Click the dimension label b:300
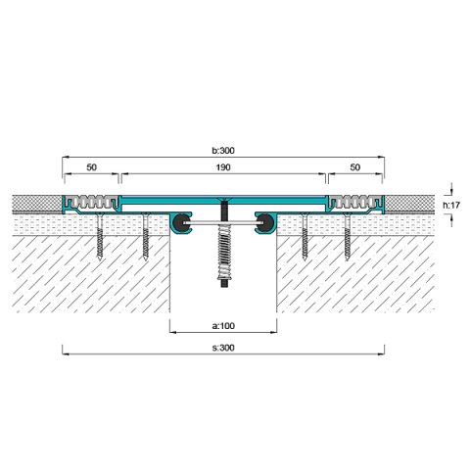point(223,151)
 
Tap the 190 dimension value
point(223,167)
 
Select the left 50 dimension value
point(92,167)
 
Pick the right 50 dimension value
point(355,167)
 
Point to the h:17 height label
point(451,205)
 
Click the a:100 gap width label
point(223,326)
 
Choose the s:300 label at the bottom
point(223,348)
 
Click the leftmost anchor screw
point(100,236)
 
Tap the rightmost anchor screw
point(348,236)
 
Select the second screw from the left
point(146,236)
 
